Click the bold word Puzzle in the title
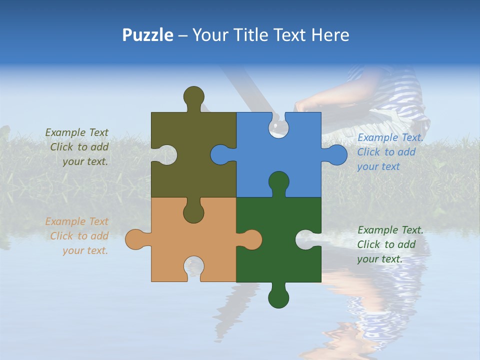click(147, 35)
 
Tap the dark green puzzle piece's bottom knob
click(278, 297)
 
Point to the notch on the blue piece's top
click(278, 125)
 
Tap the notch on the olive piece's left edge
click(165, 154)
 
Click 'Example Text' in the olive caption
click(76, 132)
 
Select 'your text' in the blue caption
click(378, 166)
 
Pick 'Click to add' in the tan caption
click(79, 236)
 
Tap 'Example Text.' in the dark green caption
click(390, 230)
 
